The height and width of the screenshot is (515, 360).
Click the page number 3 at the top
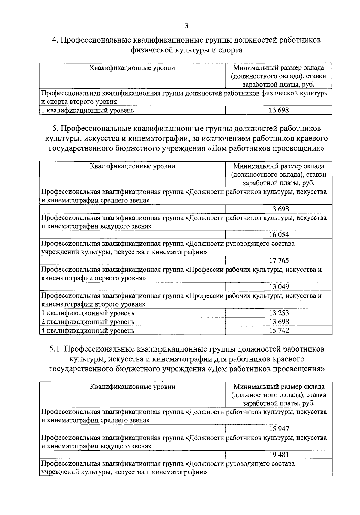[186, 26]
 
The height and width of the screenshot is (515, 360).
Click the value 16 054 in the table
[279, 235]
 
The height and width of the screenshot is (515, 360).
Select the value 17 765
[279, 261]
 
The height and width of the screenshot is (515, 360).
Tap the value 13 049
[279, 287]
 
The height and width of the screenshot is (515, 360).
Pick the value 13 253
[279, 313]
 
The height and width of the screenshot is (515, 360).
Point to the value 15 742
[279, 331]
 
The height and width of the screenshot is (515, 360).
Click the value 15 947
[279, 429]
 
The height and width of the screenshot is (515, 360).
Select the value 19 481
[279, 455]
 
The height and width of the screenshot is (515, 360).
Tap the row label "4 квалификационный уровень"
[88, 331]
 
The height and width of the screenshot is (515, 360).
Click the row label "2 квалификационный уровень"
[88, 322]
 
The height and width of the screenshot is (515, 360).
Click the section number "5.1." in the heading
[56, 349]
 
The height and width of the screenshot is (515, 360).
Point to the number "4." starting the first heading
[55, 40]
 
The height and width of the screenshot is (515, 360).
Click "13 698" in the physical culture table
[279, 110]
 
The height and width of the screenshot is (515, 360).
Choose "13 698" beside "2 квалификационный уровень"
[279, 322]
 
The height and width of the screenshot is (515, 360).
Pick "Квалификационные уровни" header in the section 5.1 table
[133, 387]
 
